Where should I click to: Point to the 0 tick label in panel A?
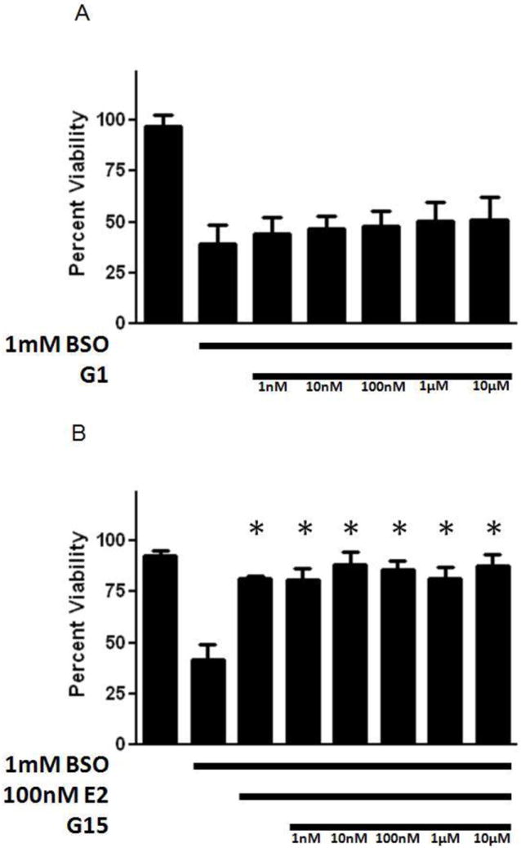point(120,324)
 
